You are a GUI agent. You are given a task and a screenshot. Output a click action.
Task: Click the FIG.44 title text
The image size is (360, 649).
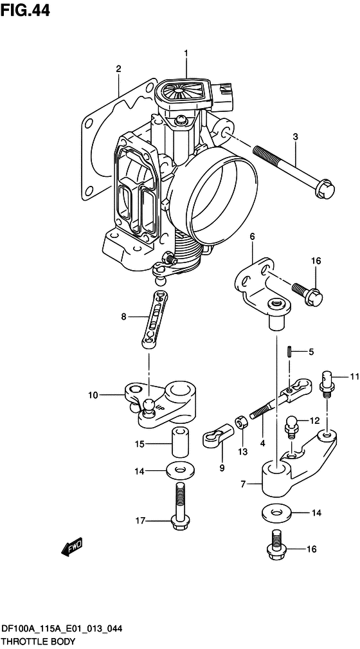[x=25, y=10]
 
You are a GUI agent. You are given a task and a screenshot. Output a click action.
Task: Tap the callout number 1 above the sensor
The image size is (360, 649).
[x=186, y=53]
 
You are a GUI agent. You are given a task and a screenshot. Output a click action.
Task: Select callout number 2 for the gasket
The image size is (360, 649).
[x=118, y=69]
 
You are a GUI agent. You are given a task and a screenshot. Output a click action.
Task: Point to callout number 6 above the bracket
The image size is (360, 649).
[x=252, y=237]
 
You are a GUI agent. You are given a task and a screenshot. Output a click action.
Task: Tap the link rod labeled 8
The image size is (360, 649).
[x=154, y=318]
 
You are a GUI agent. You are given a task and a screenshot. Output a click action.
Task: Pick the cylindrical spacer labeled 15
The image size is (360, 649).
[x=179, y=442]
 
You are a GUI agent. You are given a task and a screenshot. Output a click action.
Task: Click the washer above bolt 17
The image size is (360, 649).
[x=180, y=471]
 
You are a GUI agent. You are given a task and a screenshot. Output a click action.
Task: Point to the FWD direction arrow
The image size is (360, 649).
[x=72, y=547]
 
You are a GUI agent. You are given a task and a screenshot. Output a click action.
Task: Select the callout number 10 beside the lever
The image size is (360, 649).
[x=93, y=396]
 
